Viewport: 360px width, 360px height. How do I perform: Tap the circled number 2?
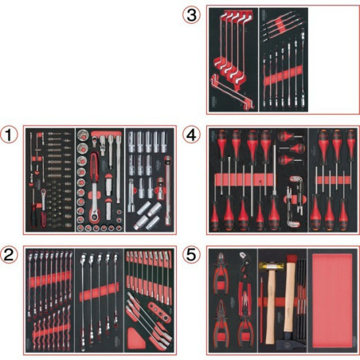[x=10, y=256]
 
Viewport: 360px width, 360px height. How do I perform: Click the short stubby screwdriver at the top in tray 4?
[x=289, y=147]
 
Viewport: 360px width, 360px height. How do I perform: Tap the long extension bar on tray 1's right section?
[x=170, y=179]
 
